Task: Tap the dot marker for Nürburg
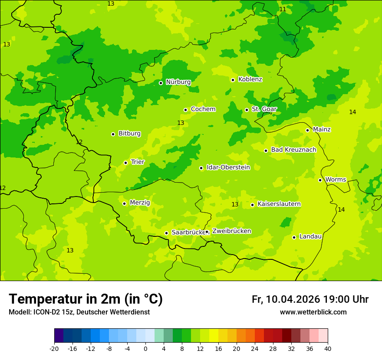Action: (161, 83)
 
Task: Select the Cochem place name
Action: (203, 109)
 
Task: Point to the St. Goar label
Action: (264, 109)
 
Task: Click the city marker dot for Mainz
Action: (307, 130)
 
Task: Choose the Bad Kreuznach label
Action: (293, 150)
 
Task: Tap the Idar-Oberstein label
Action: (228, 167)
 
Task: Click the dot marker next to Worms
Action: (320, 180)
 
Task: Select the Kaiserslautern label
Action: (279, 204)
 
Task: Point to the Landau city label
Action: (310, 237)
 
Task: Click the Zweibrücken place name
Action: (231, 231)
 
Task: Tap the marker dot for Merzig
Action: (124, 203)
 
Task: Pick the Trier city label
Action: (138, 162)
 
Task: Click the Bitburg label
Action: (129, 134)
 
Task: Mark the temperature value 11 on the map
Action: (283, 10)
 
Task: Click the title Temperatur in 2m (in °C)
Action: (86, 299)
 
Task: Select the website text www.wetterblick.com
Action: (313, 312)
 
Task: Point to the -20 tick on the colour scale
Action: (54, 349)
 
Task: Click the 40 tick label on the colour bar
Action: (328, 349)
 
